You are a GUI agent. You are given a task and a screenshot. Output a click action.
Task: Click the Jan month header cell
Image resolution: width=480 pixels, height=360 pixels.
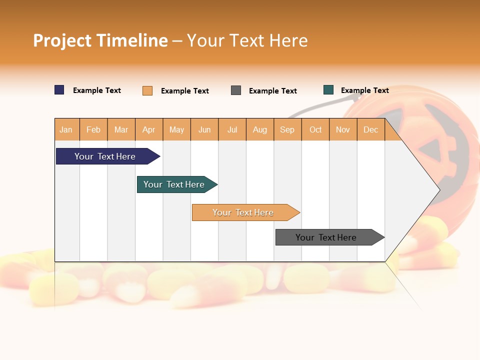pos(66,129)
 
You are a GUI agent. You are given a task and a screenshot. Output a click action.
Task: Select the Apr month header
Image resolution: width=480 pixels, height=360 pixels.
pos(149,129)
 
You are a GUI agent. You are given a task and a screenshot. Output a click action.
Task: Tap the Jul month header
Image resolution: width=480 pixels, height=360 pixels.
pos(232,129)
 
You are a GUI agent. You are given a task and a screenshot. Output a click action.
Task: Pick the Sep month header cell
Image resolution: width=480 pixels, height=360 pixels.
pos(287,129)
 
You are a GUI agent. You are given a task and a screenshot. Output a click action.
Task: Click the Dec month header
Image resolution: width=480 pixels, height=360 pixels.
pos(370,129)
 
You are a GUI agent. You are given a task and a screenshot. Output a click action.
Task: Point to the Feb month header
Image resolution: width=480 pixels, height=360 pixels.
pos(93,129)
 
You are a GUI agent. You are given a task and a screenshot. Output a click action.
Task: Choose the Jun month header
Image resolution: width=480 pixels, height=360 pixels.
pos(204,129)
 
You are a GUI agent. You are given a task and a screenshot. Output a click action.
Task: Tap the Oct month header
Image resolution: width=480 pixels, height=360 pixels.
pos(315,129)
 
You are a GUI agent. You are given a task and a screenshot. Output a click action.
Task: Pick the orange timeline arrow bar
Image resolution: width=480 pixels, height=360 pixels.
pos(243,212)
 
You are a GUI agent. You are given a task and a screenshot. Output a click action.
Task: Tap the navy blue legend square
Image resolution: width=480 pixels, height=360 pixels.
pos(59,90)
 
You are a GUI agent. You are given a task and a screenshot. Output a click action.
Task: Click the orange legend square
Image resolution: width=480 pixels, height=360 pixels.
pos(147,90)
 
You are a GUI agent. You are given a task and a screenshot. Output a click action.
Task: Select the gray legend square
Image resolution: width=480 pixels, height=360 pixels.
pos(236,90)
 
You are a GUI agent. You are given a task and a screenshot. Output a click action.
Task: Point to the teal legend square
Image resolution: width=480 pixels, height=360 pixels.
pos(328,90)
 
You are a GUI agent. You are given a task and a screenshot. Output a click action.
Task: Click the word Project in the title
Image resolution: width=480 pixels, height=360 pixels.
pos(62,40)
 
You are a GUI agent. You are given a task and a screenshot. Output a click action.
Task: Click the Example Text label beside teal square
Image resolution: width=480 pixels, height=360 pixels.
pos(364,90)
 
